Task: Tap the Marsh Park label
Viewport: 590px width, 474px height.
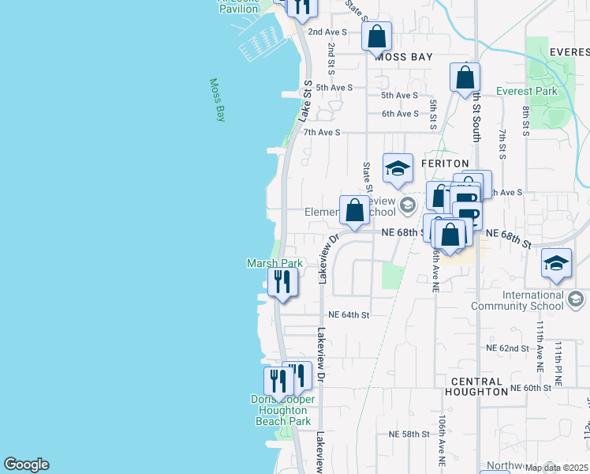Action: click(274, 263)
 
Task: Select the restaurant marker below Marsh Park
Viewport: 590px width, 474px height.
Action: click(282, 282)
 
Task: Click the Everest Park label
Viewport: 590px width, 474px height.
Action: click(527, 91)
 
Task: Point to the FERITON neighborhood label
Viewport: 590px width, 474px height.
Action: click(450, 162)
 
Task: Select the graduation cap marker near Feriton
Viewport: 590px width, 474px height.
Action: click(398, 168)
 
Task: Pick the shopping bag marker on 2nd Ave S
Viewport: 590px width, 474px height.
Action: click(376, 36)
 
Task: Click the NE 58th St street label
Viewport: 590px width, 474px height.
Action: click(409, 434)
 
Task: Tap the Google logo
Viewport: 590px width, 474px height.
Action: click(26, 465)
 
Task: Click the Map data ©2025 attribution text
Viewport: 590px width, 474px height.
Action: click(555, 468)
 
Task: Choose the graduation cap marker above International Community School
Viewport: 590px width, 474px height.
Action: click(556, 264)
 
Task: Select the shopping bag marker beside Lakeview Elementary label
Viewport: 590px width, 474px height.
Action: click(355, 210)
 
